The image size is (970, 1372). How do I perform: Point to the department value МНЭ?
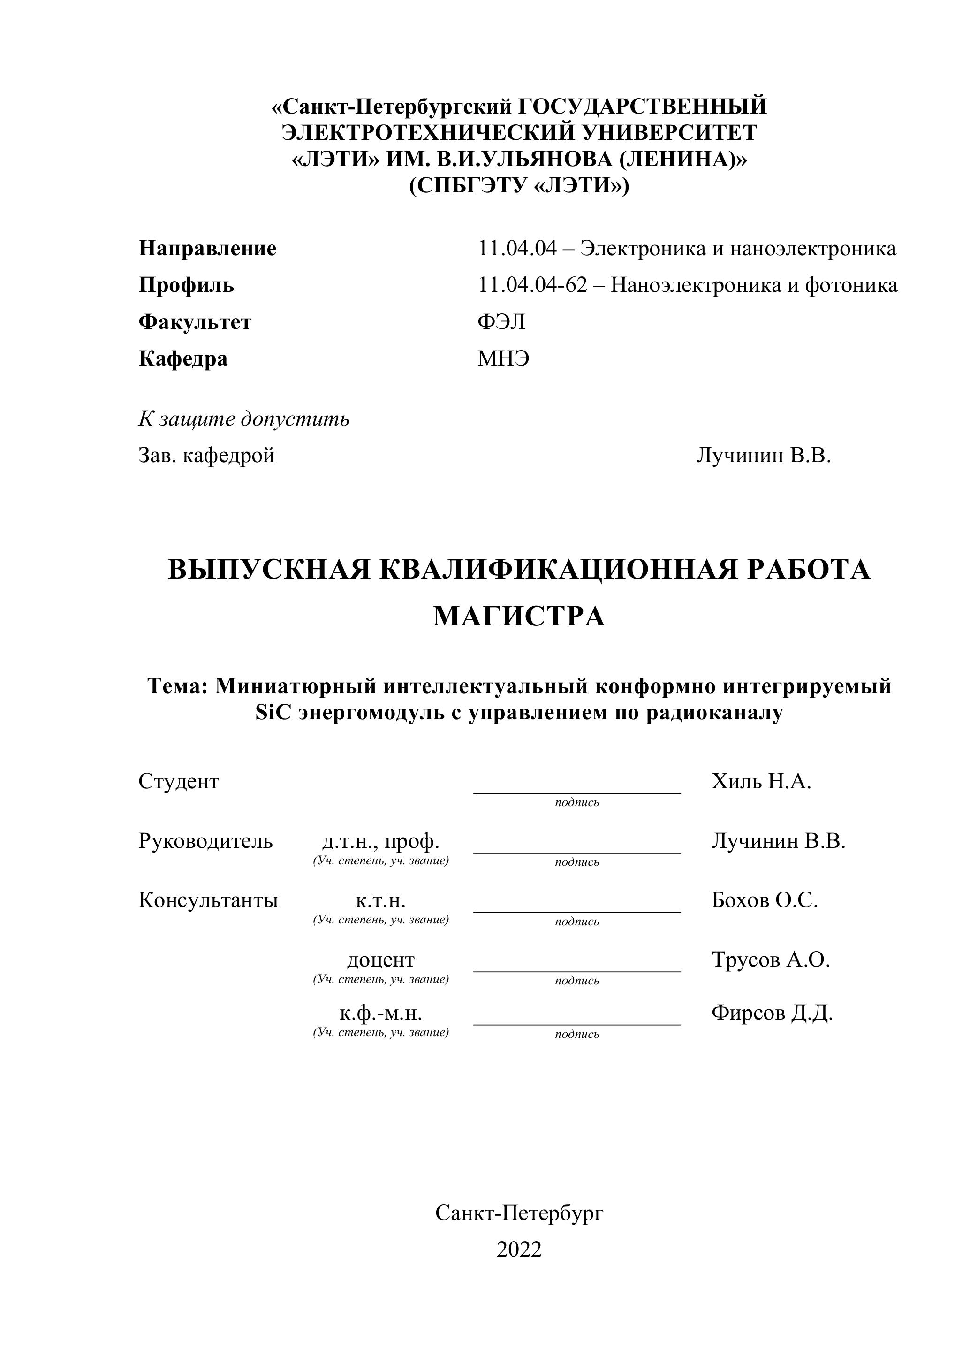(503, 358)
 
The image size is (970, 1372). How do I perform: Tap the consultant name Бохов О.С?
(764, 900)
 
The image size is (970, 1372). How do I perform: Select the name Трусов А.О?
(771, 960)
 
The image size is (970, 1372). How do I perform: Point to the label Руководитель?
(205, 841)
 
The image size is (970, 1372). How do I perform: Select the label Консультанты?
(208, 900)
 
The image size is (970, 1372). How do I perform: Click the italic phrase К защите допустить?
(244, 419)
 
